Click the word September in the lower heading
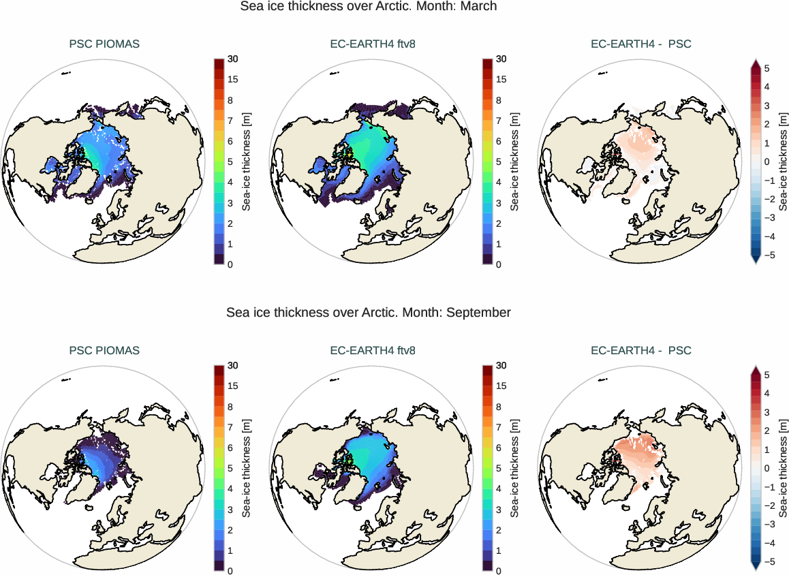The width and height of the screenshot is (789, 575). point(479,313)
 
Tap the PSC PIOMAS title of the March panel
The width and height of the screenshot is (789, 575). point(104,44)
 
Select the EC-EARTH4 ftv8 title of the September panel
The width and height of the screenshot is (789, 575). point(373,351)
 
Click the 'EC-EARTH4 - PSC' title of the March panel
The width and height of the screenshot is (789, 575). point(640,44)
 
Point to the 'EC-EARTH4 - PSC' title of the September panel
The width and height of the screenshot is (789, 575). point(640,351)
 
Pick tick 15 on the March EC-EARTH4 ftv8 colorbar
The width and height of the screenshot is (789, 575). point(501,80)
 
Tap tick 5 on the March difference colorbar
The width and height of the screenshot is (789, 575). point(767,69)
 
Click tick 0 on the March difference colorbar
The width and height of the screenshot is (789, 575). point(767,162)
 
